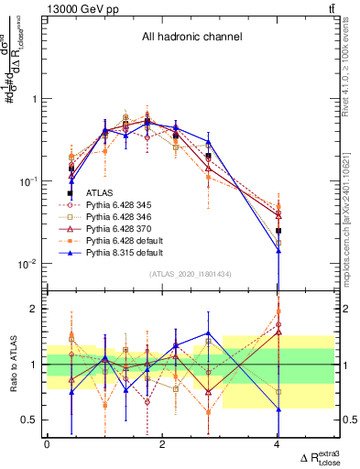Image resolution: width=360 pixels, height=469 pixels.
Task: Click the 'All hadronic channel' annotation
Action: click(x=190, y=38)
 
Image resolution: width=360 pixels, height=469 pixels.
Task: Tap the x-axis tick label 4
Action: click(x=278, y=444)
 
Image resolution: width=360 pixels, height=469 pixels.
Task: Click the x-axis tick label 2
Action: click(x=162, y=444)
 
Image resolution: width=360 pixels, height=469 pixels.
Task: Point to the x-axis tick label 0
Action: click(x=47, y=444)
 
